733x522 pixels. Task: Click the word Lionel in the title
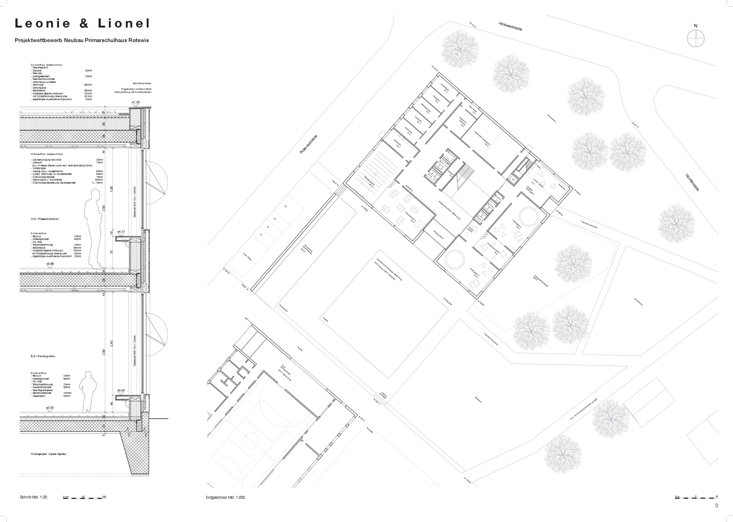(x=124, y=24)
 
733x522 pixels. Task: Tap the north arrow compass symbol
(x=695, y=39)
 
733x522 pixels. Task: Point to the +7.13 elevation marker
(x=136, y=102)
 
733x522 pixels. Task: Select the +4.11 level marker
(x=121, y=232)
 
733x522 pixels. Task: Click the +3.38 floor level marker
(x=50, y=264)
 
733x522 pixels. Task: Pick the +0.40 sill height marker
(x=121, y=390)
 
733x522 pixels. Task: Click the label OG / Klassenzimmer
(x=45, y=219)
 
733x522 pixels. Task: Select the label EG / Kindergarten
(x=43, y=356)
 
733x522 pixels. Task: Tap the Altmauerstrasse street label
(x=510, y=26)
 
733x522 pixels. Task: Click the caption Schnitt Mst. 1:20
(x=34, y=497)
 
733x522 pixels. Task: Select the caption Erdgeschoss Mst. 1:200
(x=226, y=497)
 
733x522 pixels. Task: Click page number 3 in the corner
(x=716, y=506)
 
